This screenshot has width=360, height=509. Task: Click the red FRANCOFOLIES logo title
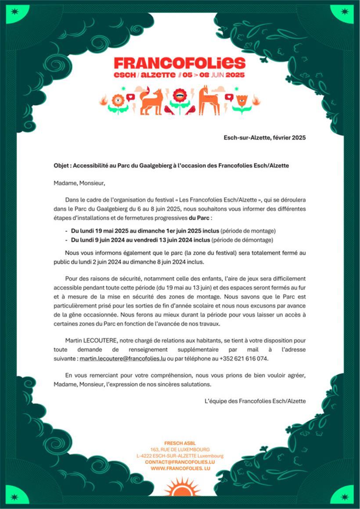179,62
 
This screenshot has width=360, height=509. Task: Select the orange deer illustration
209,101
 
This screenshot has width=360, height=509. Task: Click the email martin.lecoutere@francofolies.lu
122,358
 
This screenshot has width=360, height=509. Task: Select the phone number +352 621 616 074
243,358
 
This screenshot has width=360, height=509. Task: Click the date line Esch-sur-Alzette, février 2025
264,137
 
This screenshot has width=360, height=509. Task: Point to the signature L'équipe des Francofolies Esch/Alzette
255,401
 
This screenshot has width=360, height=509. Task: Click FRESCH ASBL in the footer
180,443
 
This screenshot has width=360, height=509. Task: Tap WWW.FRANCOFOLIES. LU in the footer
180,469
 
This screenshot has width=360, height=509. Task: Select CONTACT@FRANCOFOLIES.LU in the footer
180,462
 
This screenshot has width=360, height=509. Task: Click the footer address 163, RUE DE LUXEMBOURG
180,450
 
